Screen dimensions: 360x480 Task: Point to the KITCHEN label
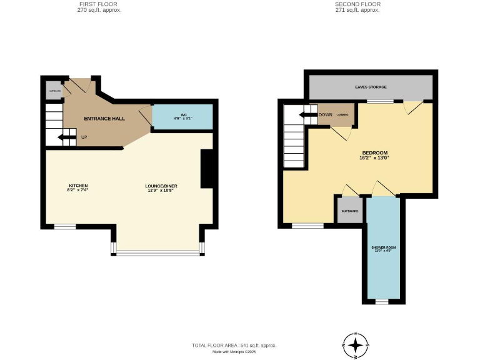point(78,187)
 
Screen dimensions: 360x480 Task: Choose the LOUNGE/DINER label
point(158,187)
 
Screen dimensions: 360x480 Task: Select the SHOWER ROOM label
point(383,249)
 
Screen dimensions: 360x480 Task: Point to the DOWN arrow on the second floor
point(308,114)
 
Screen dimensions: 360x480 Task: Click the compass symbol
point(356,345)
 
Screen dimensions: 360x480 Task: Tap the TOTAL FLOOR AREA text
point(234,345)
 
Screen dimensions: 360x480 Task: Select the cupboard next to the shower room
point(349,211)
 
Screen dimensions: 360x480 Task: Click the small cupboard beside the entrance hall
point(53,91)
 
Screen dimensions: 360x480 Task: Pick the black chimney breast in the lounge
point(207,169)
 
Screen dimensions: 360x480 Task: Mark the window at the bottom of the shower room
point(382,301)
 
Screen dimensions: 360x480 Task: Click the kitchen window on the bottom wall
point(64,226)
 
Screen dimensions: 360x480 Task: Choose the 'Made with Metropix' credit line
point(234,352)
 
